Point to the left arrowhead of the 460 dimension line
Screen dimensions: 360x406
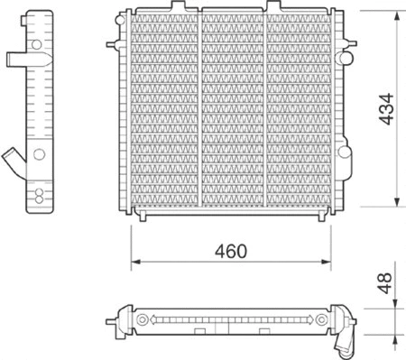click(136, 263)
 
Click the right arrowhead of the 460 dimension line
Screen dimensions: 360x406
click(328, 263)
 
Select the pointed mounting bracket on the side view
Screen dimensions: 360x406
click(15, 60)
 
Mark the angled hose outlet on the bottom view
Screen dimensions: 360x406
click(344, 342)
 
